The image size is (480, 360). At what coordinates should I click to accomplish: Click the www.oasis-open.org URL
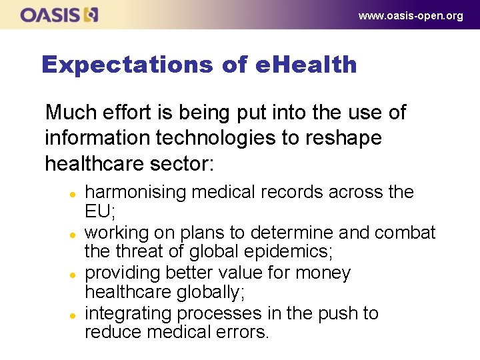pyautogui.click(x=410, y=15)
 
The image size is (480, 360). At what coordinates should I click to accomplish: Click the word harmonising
pyautogui.click(x=136, y=193)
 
